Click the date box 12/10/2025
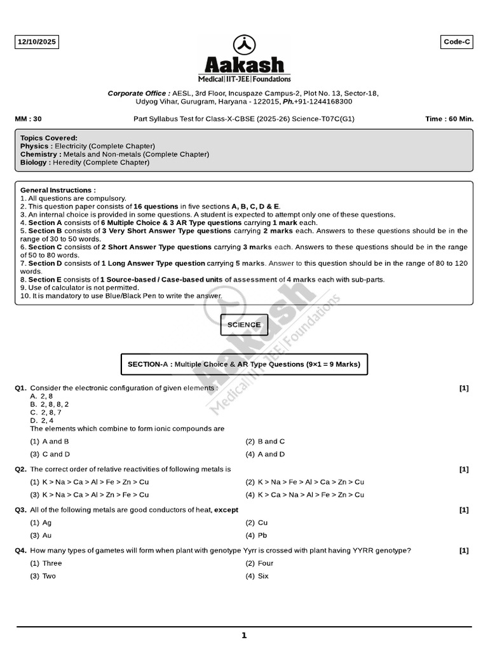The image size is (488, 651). (x=37, y=42)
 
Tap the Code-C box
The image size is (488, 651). (x=457, y=42)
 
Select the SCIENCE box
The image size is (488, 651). (x=244, y=325)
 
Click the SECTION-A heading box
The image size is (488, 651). (x=244, y=364)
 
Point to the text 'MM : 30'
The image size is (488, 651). (x=28, y=119)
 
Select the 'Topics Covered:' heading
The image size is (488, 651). (x=49, y=138)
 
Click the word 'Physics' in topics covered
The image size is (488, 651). (x=34, y=146)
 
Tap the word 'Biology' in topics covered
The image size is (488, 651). (x=34, y=163)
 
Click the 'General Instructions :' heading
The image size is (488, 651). (x=58, y=190)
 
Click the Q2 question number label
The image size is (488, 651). (x=20, y=469)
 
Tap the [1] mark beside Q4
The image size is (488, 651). (x=464, y=551)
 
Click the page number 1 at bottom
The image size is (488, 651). (x=244, y=635)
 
